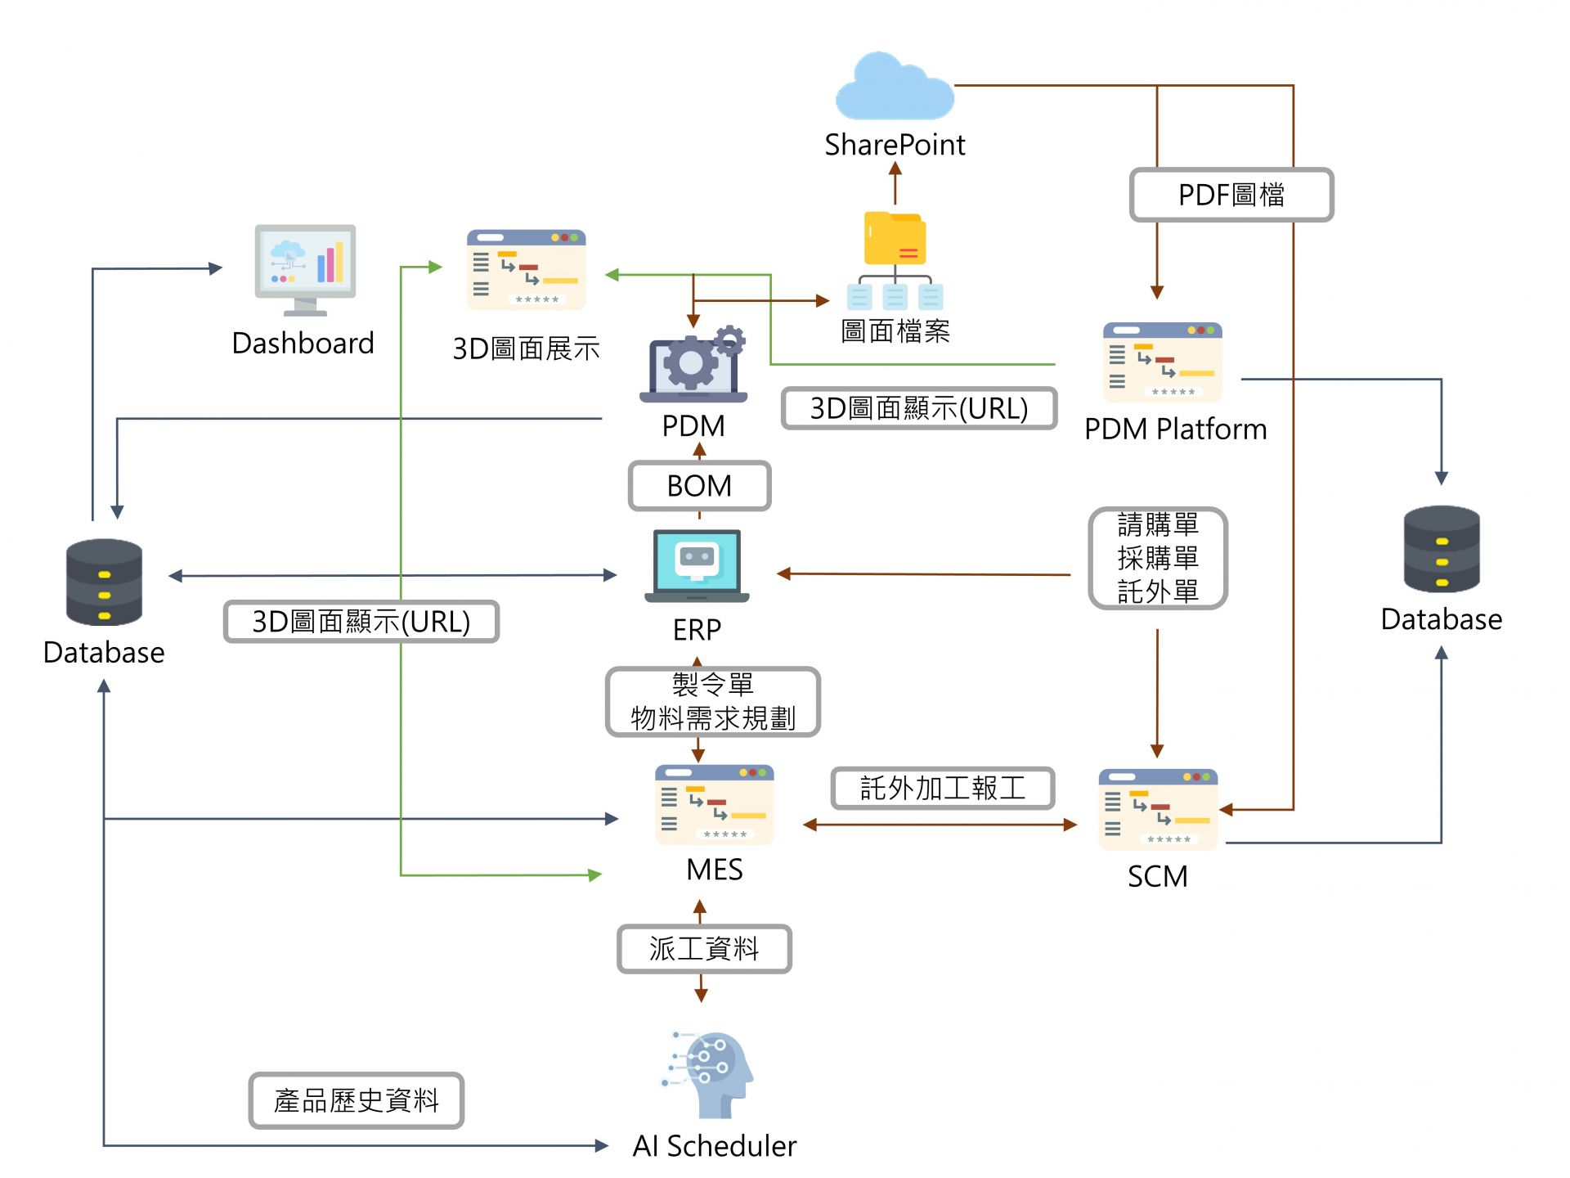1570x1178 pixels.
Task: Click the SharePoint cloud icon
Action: (x=895, y=87)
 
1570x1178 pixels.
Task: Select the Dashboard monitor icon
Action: (x=305, y=268)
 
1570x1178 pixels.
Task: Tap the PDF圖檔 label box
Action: (x=1231, y=195)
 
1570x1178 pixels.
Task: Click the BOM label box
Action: (x=699, y=486)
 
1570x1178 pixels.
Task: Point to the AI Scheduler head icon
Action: (x=709, y=1074)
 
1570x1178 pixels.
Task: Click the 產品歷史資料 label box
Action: (x=357, y=1100)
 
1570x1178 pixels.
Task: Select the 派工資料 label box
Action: (x=704, y=949)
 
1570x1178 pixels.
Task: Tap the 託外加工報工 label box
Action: (x=943, y=789)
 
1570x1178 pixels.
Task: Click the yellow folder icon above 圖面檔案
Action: (x=895, y=239)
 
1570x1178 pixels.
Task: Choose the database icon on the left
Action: (x=104, y=582)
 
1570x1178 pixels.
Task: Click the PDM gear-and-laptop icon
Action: (x=693, y=366)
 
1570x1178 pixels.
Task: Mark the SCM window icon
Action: (x=1158, y=809)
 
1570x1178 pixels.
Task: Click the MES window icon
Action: (x=714, y=805)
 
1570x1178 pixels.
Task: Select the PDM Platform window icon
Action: (x=1162, y=362)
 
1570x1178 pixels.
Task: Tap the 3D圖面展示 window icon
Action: (x=526, y=270)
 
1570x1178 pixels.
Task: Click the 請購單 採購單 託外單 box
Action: (x=1157, y=558)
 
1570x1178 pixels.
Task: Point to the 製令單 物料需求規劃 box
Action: (x=712, y=702)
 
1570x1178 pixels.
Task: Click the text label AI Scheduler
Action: (x=714, y=1146)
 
